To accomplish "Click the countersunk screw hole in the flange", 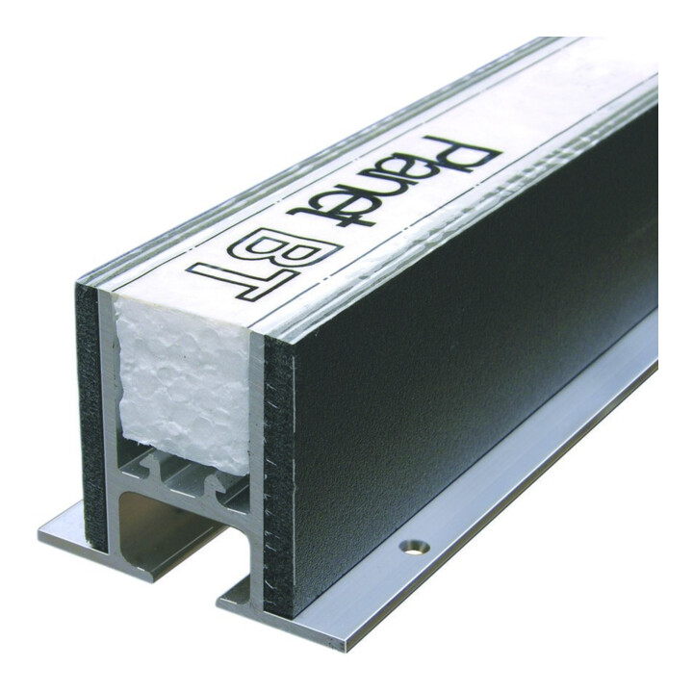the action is tap(415, 547).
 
